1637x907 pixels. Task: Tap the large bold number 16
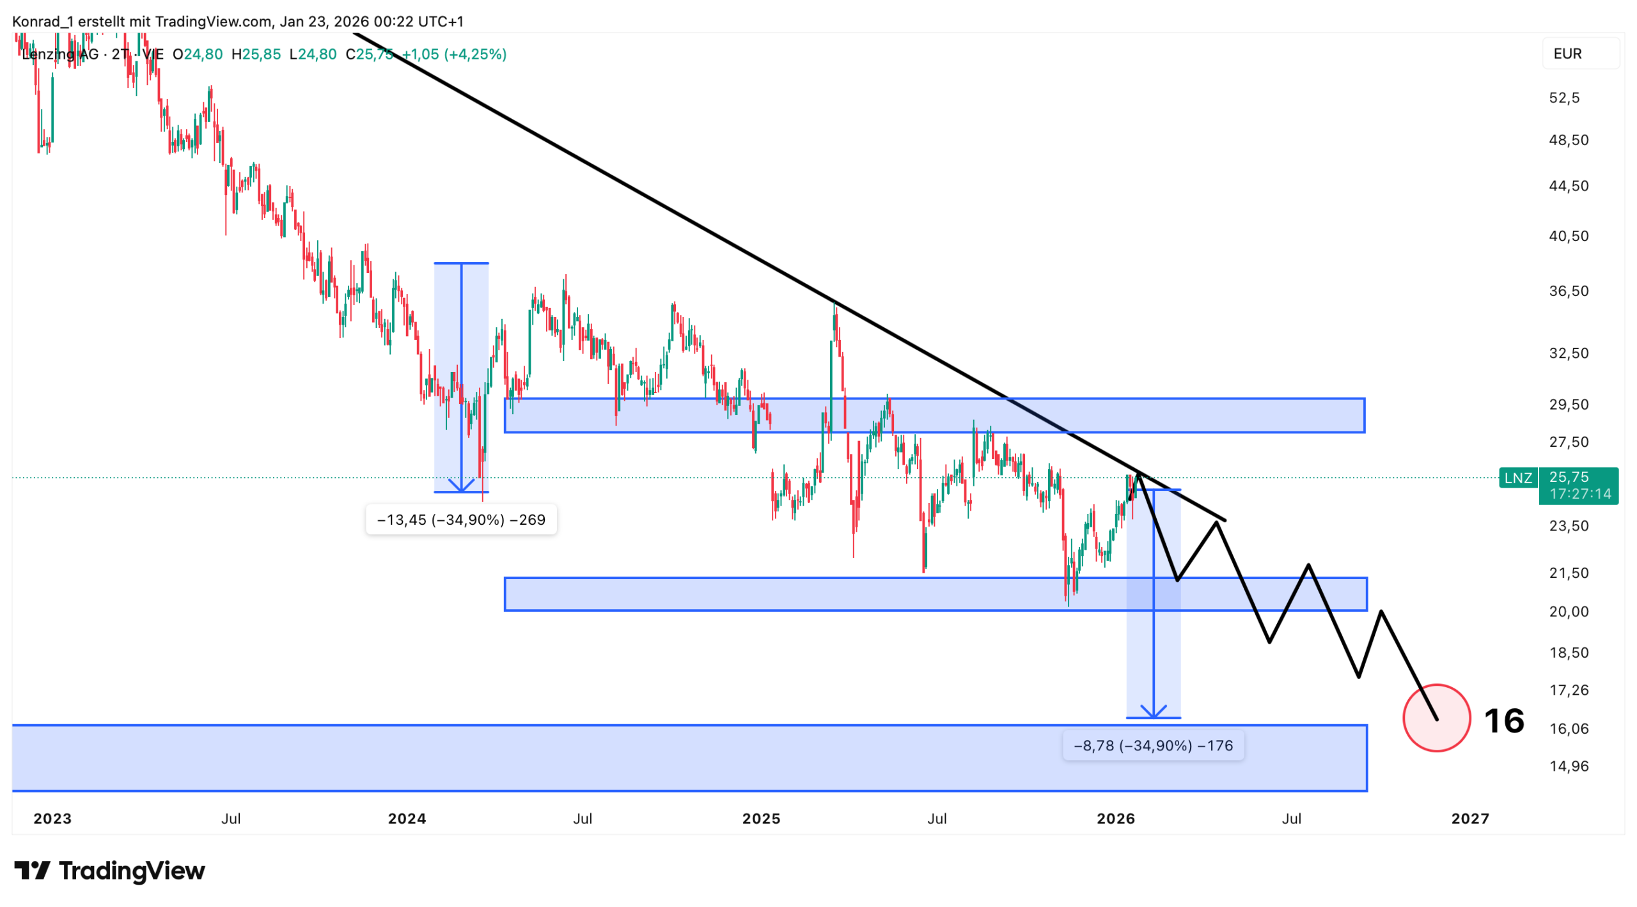[x=1503, y=720]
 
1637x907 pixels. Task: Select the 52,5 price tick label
[x=1563, y=98]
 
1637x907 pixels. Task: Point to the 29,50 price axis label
[x=1568, y=404]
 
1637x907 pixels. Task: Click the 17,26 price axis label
[x=1568, y=689]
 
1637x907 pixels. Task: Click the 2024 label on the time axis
[x=407, y=818]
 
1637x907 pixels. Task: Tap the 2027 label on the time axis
[x=1469, y=818]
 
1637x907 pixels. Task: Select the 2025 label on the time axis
[x=761, y=818]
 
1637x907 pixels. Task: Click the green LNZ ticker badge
[x=1517, y=477]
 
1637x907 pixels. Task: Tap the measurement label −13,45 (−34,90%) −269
[x=461, y=519]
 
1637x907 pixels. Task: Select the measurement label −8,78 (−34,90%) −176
[x=1152, y=745]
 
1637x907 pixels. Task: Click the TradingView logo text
[x=131, y=871]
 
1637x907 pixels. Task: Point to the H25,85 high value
[x=256, y=54]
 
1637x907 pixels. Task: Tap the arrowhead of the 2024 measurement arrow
[x=461, y=487]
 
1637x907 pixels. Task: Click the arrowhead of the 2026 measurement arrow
[x=1153, y=712]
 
